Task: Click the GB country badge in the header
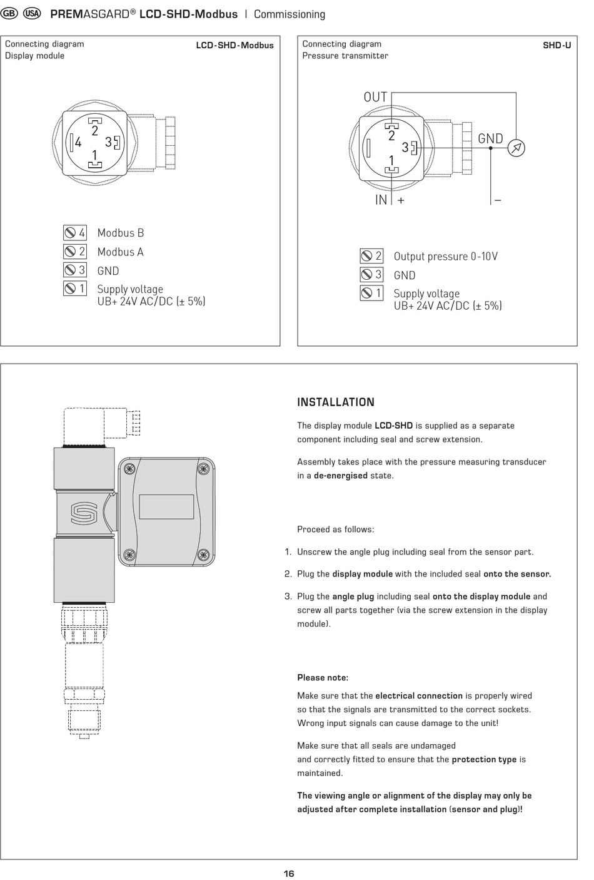point(9,14)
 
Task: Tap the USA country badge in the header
point(32,14)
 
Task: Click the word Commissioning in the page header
point(289,14)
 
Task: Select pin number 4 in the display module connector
point(78,142)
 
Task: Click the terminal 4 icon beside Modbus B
point(75,233)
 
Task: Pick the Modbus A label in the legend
point(121,252)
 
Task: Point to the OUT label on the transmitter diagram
point(375,97)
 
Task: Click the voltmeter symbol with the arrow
point(516,148)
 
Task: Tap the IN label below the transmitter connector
point(381,200)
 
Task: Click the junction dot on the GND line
point(490,148)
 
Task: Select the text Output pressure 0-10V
point(446,257)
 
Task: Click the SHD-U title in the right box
point(556,45)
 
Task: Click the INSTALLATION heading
point(336,402)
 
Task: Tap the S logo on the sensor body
point(84,513)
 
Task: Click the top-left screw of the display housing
point(129,468)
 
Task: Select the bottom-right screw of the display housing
point(203,555)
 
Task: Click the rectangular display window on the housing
point(166,506)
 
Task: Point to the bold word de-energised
point(341,475)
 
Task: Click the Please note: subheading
point(323,677)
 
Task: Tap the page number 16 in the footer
point(289,873)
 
